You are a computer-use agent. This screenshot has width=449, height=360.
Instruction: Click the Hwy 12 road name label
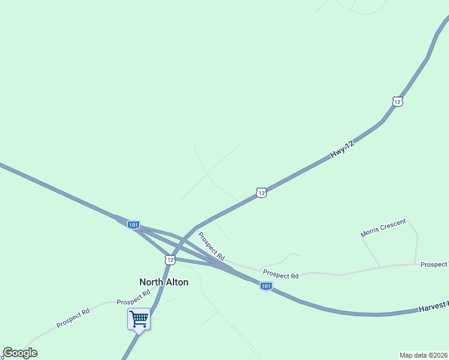(343, 149)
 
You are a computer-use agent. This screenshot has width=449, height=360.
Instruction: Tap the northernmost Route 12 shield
(397, 101)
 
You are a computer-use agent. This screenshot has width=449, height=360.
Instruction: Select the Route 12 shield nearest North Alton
(170, 259)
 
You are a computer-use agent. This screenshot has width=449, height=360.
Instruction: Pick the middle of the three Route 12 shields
(260, 193)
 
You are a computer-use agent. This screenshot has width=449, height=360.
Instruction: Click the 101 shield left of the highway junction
(133, 224)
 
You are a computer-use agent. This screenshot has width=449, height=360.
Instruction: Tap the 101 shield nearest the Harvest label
(266, 286)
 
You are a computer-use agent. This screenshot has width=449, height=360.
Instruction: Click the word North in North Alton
(151, 282)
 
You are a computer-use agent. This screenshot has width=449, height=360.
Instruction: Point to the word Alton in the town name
(177, 282)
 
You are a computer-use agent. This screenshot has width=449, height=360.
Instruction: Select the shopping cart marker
(139, 319)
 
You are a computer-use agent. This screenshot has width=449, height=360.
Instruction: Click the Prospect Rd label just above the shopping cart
(133, 298)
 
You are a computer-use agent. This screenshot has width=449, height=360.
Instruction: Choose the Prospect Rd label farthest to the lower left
(73, 318)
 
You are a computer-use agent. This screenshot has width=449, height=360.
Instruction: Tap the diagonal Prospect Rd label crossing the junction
(211, 247)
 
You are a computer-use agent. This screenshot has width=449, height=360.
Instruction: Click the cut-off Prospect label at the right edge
(434, 264)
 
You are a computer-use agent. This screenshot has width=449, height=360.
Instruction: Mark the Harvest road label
(433, 307)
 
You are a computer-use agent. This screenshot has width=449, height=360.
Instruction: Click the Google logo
(20, 353)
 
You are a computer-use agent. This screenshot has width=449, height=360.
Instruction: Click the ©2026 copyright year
(437, 355)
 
